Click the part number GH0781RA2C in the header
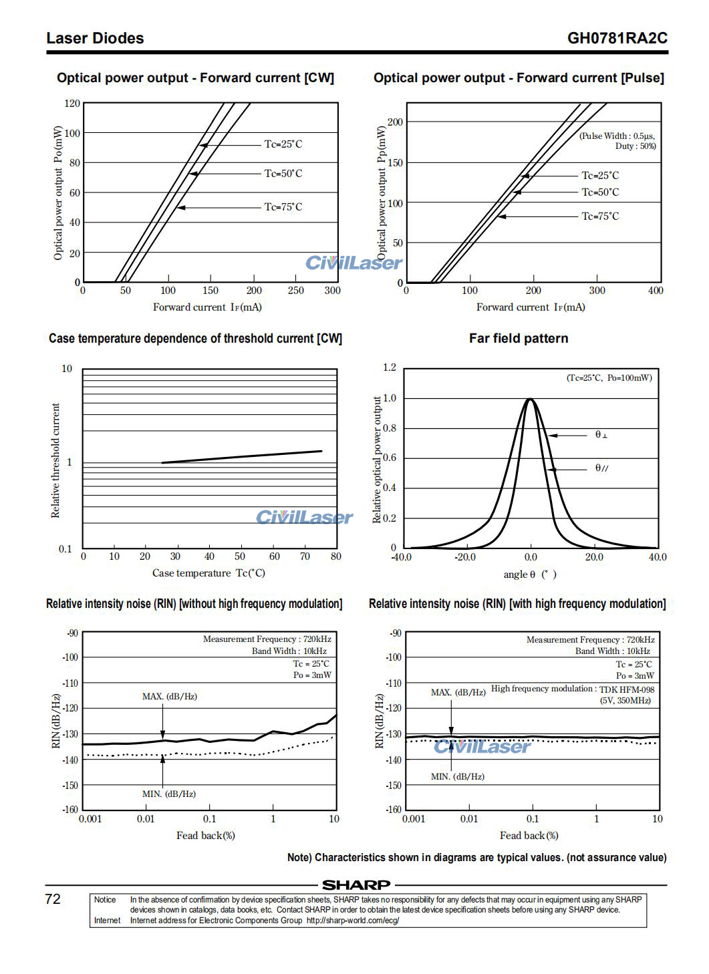click(617, 38)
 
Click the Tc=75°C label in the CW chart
click(283, 207)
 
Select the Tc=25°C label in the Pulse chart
click(600, 176)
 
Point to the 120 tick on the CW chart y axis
click(72, 104)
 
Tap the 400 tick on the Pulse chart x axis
click(656, 291)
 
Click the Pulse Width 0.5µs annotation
click(617, 136)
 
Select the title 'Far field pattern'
click(519, 339)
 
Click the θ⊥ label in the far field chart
click(601, 435)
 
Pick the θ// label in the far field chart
click(601, 468)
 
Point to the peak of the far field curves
click(530, 399)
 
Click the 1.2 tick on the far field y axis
click(390, 367)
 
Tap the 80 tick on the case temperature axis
click(336, 556)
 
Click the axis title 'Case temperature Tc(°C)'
click(208, 573)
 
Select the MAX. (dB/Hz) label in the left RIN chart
click(170, 697)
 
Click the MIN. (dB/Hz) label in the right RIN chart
click(458, 777)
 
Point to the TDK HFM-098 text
click(626, 689)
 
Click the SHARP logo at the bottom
click(356, 885)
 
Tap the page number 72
click(53, 899)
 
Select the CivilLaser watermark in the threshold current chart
click(304, 518)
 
